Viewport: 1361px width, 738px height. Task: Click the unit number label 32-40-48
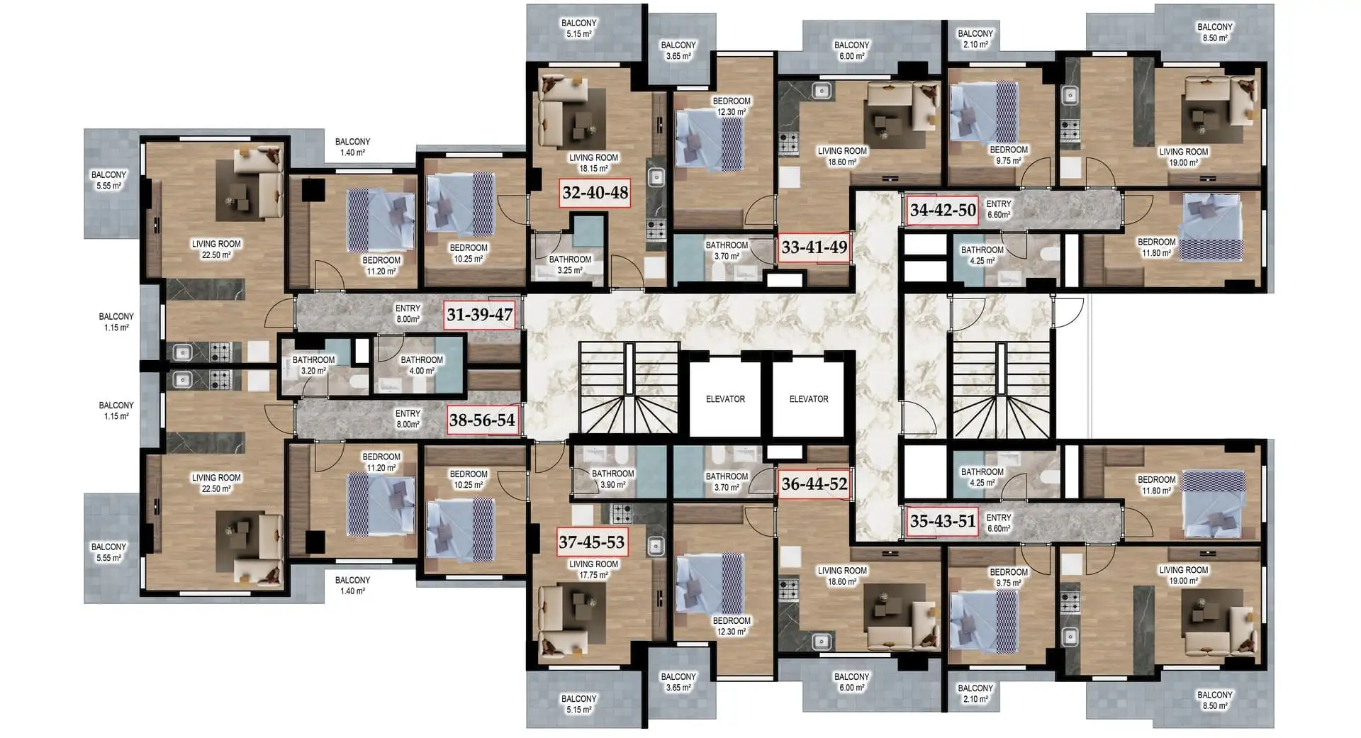pyautogui.click(x=595, y=192)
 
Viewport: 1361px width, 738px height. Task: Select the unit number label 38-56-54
pyautogui.click(x=482, y=420)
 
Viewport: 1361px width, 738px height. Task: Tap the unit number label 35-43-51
pyautogui.click(x=943, y=521)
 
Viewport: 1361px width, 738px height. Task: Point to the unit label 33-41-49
pyautogui.click(x=814, y=247)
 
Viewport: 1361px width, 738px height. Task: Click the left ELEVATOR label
pyautogui.click(x=725, y=399)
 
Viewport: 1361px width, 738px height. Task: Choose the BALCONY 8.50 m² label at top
pyautogui.click(x=1215, y=33)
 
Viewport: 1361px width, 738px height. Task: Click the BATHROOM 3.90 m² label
pyautogui.click(x=613, y=479)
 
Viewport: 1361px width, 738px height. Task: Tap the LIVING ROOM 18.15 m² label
pyautogui.click(x=593, y=163)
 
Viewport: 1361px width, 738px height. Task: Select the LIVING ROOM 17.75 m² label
pyautogui.click(x=593, y=570)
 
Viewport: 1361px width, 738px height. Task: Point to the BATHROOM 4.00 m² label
pyautogui.click(x=422, y=365)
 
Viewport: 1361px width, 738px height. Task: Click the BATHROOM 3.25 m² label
pyautogui.click(x=570, y=265)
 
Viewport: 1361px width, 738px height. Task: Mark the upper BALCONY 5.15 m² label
pyautogui.click(x=579, y=28)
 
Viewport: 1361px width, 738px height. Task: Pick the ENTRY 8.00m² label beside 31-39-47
pyautogui.click(x=408, y=314)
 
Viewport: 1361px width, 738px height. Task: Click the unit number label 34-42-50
pyautogui.click(x=943, y=210)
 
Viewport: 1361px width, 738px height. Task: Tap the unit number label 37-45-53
pyautogui.click(x=591, y=542)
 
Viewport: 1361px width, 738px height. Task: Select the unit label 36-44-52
pyautogui.click(x=814, y=484)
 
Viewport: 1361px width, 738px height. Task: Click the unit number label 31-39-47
pyautogui.click(x=480, y=315)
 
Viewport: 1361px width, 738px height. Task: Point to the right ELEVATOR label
pyautogui.click(x=809, y=399)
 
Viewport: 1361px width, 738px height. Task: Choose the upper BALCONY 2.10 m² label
pyautogui.click(x=975, y=39)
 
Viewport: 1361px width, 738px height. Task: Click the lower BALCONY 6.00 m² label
pyautogui.click(x=851, y=682)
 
